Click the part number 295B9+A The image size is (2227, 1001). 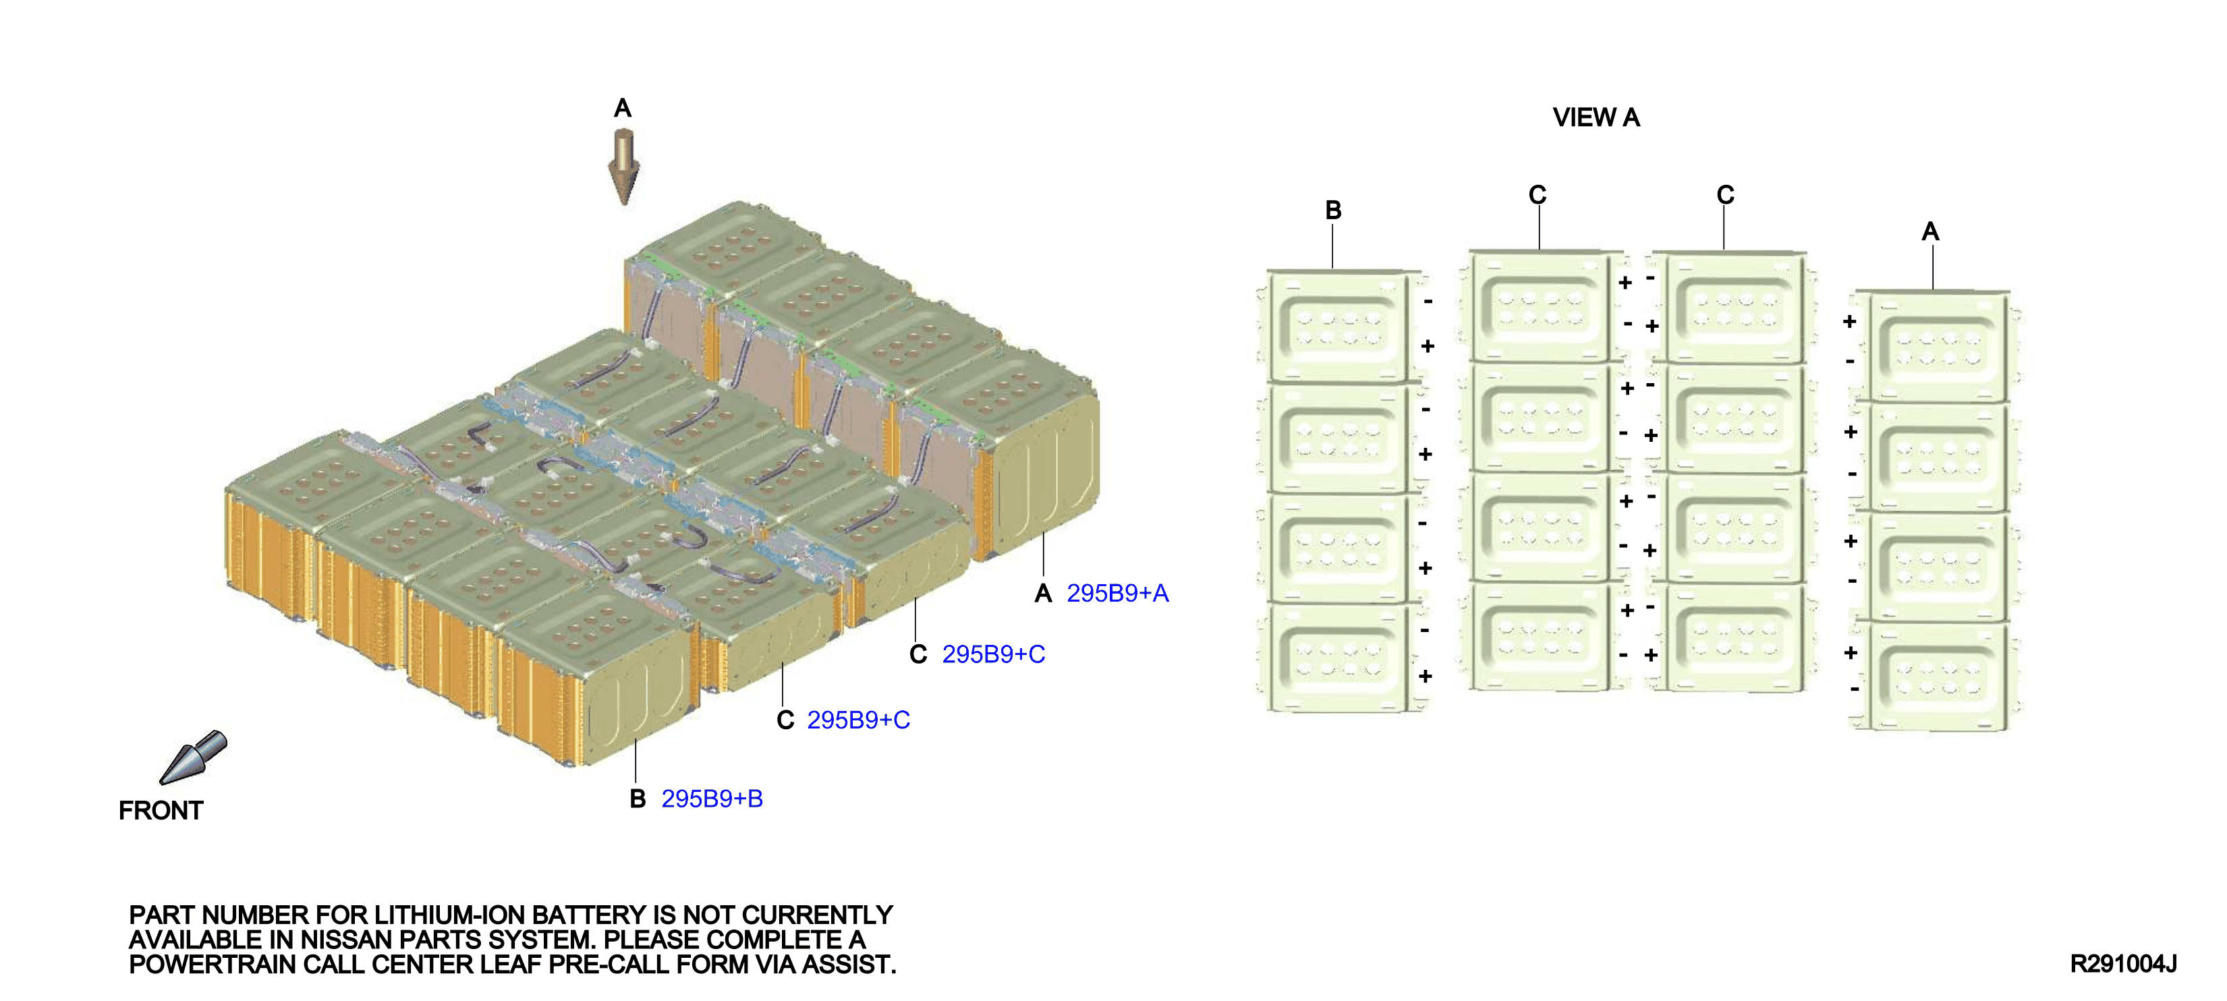click(1117, 593)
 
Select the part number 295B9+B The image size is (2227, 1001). click(712, 799)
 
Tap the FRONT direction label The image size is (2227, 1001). click(161, 811)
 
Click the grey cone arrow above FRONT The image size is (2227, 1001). click(193, 757)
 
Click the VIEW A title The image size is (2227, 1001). click(1596, 117)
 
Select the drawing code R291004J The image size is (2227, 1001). click(2122, 964)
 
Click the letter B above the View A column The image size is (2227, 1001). click(1333, 210)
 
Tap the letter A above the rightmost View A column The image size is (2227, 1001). click(1930, 231)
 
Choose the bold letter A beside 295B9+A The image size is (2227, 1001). click(1044, 593)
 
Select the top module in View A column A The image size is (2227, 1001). click(1936, 347)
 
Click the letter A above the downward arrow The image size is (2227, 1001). click(623, 108)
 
